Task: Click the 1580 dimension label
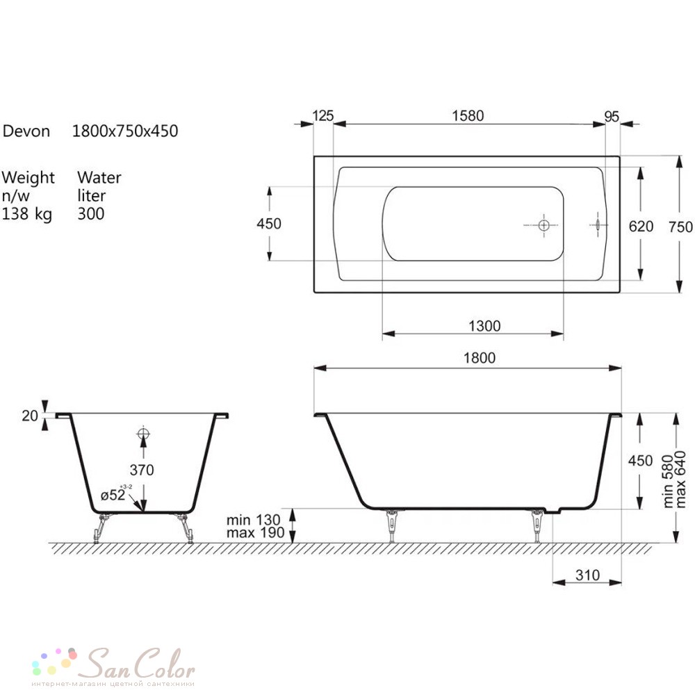pyautogui.click(x=468, y=115)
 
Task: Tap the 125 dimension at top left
pyautogui.click(x=322, y=115)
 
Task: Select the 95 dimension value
pyautogui.click(x=612, y=117)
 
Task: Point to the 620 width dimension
pyautogui.click(x=641, y=227)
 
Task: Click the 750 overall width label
pyautogui.click(x=680, y=227)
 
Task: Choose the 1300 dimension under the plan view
pyautogui.click(x=484, y=326)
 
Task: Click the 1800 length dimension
pyautogui.click(x=479, y=358)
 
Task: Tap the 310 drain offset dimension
pyautogui.click(x=587, y=575)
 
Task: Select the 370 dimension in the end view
pyautogui.click(x=142, y=470)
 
